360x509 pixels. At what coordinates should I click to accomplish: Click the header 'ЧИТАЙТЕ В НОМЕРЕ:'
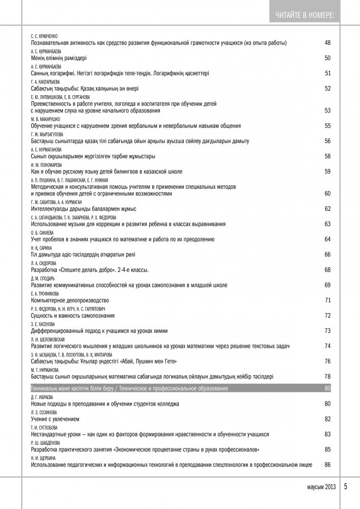point(305,15)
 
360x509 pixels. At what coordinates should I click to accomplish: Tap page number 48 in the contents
point(327,43)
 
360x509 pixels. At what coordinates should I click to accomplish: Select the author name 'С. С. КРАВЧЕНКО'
point(44,37)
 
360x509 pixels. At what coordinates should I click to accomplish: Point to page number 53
point(327,110)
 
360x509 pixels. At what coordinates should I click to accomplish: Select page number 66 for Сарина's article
point(327,254)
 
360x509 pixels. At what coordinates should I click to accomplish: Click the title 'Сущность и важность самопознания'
point(73,316)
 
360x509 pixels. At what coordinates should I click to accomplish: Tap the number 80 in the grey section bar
point(327,389)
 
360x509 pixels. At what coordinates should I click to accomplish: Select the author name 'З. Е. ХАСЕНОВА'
point(43,324)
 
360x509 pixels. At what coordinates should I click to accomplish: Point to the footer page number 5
point(346,486)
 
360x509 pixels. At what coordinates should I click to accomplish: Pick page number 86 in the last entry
point(327,465)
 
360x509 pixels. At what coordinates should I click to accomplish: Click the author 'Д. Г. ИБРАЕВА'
point(43,397)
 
